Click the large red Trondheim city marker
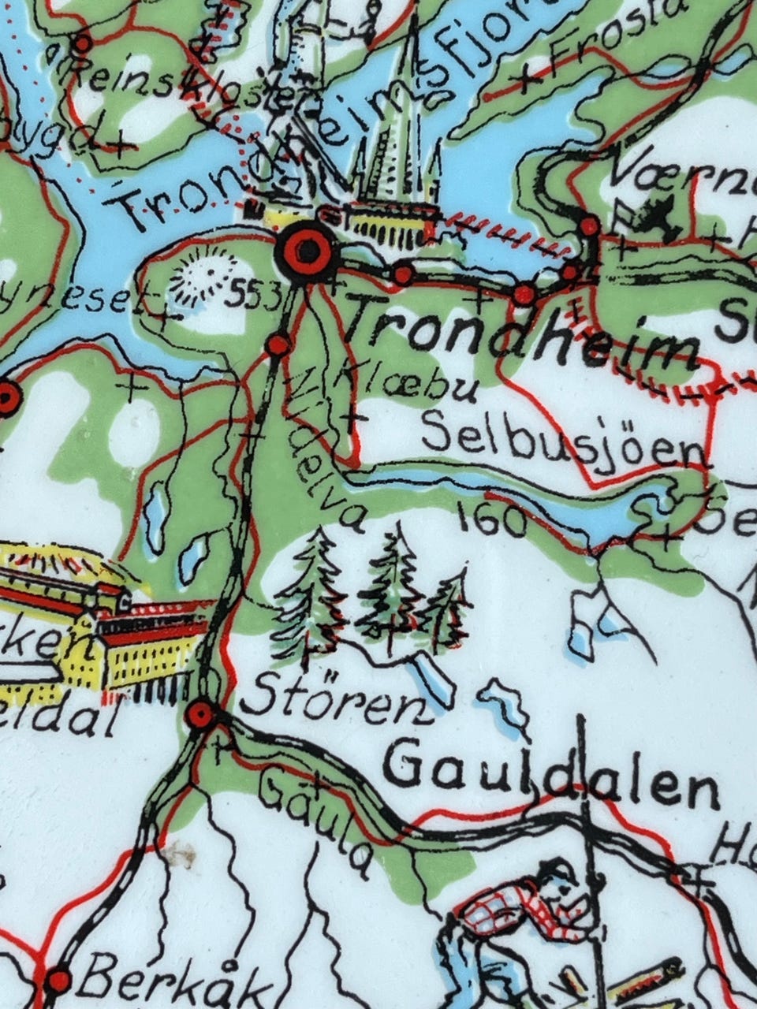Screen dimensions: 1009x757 [x=306, y=251]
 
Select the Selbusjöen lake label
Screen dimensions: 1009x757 [x=562, y=441]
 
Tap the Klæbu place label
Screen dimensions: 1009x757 [x=410, y=382]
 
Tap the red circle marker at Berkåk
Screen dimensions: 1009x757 [x=58, y=981]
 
